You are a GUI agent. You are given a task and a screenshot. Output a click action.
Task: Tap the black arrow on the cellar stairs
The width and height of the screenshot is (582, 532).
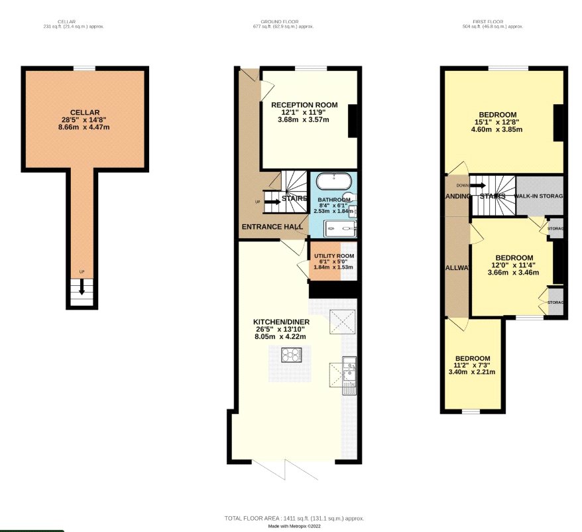[x=82, y=287]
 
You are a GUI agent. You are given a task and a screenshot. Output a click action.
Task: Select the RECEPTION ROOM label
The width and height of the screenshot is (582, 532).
[x=304, y=105]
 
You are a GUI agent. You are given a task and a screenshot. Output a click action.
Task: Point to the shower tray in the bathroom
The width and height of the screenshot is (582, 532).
[x=340, y=229]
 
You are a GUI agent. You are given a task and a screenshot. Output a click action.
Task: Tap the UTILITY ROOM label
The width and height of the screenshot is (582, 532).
[x=333, y=256]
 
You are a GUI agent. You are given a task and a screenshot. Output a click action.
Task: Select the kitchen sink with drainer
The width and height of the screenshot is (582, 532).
[x=349, y=375]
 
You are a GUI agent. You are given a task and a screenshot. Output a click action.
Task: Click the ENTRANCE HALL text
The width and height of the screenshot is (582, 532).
[x=272, y=227]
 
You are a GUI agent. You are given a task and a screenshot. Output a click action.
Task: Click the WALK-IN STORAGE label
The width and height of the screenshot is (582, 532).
[x=540, y=196]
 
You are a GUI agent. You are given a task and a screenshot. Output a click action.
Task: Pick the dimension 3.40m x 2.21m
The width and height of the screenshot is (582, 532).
[x=472, y=371]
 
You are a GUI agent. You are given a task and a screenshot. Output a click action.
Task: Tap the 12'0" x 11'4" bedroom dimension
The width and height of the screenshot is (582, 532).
[x=514, y=265]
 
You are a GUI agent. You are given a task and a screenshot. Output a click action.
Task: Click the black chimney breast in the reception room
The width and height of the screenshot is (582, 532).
[x=352, y=120]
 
